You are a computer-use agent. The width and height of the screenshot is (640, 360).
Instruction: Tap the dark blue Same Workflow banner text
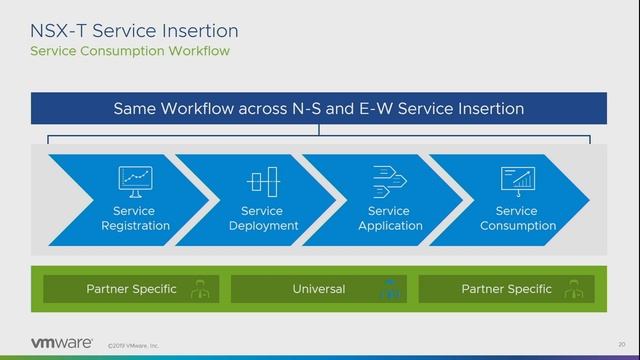pyautogui.click(x=318, y=108)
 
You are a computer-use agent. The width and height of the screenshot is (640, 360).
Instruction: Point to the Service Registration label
pyautogui.click(x=135, y=218)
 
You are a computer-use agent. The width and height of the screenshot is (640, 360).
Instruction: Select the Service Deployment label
pyautogui.click(x=262, y=218)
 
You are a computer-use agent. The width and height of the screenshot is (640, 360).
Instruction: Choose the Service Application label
pyautogui.click(x=389, y=218)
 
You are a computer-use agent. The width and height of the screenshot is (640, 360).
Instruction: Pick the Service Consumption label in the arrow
pyautogui.click(x=517, y=218)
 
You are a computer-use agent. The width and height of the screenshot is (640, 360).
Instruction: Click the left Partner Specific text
pyautogui.click(x=131, y=289)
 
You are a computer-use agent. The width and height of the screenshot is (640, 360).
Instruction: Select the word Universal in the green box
pyautogui.click(x=318, y=289)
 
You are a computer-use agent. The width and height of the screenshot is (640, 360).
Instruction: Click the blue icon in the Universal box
pyautogui.click(x=389, y=290)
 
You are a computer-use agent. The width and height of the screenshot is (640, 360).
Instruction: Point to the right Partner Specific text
pyautogui.click(x=506, y=289)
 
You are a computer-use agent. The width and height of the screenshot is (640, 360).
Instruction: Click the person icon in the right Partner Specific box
pyautogui.click(x=576, y=290)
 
